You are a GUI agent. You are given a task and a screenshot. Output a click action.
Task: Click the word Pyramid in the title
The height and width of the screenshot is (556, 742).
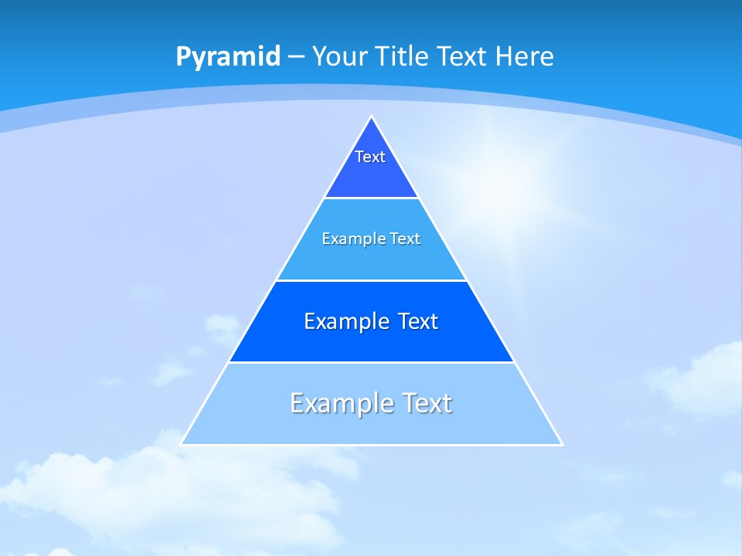[x=227, y=57]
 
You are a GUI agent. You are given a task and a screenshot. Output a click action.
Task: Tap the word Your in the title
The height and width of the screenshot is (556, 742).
[x=339, y=57]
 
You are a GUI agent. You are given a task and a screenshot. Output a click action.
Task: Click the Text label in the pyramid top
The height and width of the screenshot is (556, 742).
[x=370, y=157]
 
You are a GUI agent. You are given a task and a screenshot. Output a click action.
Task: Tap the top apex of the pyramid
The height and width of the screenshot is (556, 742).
[x=372, y=117]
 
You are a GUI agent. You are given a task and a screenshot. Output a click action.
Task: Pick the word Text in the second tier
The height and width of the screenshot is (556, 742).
[x=404, y=239]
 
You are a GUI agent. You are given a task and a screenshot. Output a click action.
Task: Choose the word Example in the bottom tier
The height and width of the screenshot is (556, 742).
[x=334, y=403]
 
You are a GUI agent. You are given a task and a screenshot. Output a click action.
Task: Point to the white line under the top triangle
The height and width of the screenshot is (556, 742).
[x=371, y=198]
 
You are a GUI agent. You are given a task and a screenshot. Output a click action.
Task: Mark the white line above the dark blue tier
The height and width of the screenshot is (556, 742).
[x=371, y=280]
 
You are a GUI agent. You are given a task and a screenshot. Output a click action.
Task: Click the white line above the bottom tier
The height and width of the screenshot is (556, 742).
[x=371, y=362]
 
